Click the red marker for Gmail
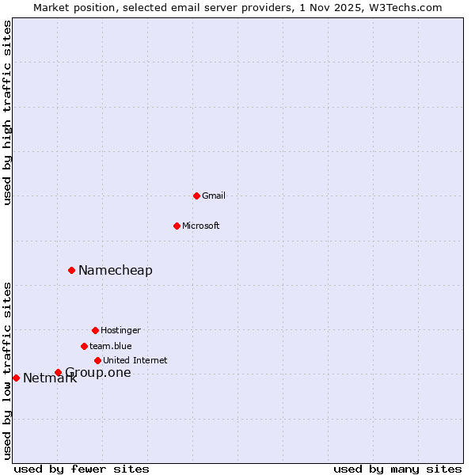pyautogui.click(x=196, y=196)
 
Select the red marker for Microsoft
pyautogui.click(x=177, y=226)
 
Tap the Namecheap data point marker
pyautogui.click(x=71, y=270)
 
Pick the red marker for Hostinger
pyautogui.click(x=95, y=330)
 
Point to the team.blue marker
pyautogui.click(x=84, y=346)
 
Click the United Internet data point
pyautogui.click(x=97, y=360)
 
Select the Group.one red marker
pyautogui.click(x=58, y=372)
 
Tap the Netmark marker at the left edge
pyautogui.click(x=16, y=378)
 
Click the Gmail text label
pyautogui.click(x=214, y=196)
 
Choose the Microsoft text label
pyautogui.click(x=201, y=226)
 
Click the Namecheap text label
pyautogui.click(x=116, y=270)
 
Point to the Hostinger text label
pyautogui.click(x=120, y=330)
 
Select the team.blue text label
pyautogui.click(x=111, y=346)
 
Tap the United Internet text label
pyautogui.click(x=135, y=360)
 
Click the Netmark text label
pyautogui.click(x=50, y=378)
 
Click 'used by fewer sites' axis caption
pyautogui.click(x=82, y=469)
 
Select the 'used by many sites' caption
pyautogui.click(x=397, y=469)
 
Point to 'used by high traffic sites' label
pyautogui.click(x=8, y=112)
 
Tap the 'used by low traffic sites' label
pyautogui.click(x=8, y=370)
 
